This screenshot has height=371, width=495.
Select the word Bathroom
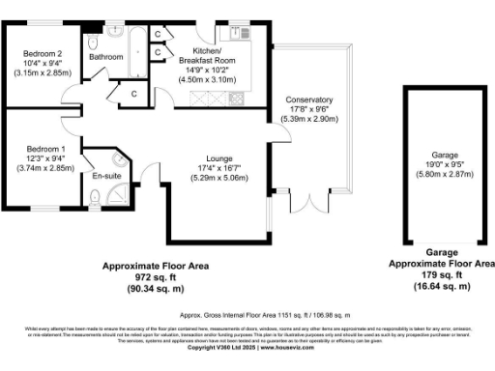[x=106, y=57]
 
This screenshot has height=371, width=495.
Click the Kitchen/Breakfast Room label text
[x=209, y=53]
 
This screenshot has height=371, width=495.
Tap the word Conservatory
[x=309, y=100]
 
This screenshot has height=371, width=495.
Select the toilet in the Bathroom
[x=92, y=44]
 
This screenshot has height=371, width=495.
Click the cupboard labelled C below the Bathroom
[x=134, y=93]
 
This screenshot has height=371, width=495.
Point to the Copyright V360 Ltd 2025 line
[x=247, y=348]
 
